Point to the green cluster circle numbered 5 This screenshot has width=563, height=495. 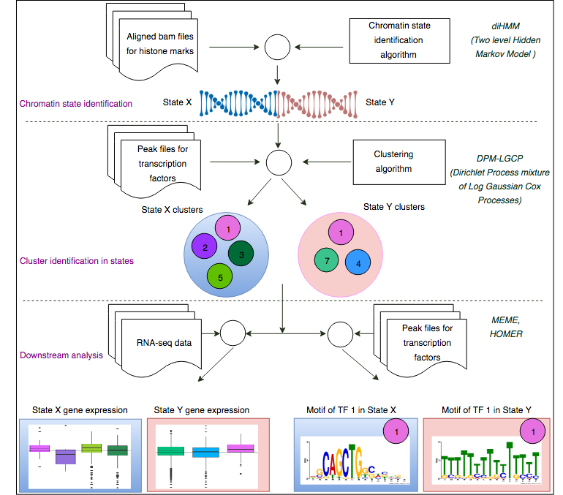(220, 277)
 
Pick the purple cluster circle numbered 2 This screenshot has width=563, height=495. (205, 248)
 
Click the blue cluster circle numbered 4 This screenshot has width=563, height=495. (358, 262)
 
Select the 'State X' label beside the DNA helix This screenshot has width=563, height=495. (178, 103)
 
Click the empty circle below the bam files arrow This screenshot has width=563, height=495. (276, 49)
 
